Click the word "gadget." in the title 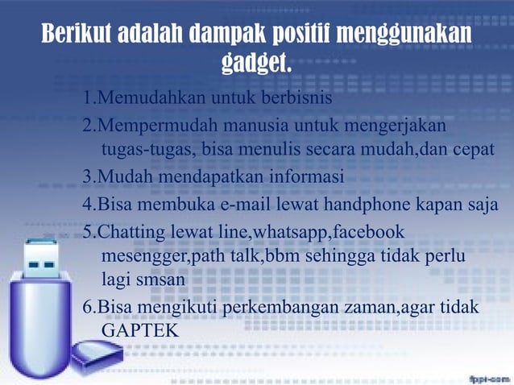[256, 63]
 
